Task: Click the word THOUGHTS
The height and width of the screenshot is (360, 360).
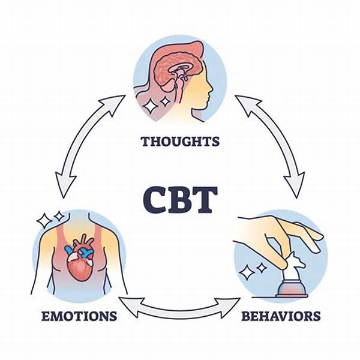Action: pos(180,142)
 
